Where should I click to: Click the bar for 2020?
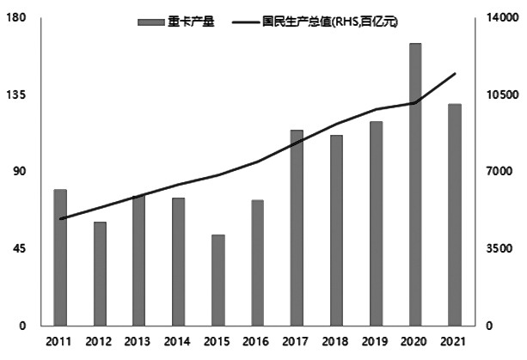415,184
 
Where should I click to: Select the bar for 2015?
218,280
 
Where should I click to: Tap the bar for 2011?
60,257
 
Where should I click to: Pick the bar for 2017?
297,228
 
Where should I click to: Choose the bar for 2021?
455,215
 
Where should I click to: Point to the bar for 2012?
100,273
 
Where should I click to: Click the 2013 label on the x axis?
139,343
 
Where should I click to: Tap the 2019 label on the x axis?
376,343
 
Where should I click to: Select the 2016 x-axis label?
257,343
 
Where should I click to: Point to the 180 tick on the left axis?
20,18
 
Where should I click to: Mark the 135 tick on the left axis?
20,95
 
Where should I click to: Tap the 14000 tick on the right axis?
500,18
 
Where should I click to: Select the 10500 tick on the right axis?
500,95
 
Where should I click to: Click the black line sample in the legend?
248,19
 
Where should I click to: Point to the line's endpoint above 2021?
455,74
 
